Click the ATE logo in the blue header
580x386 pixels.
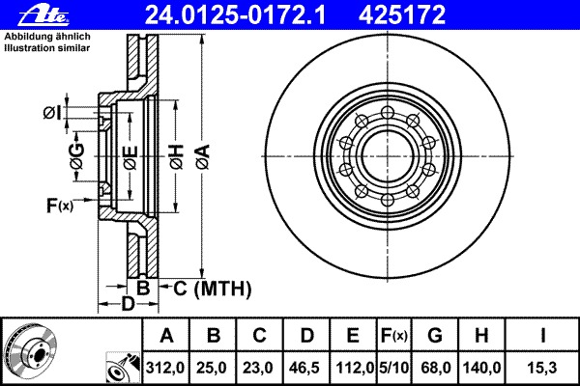pos(43,15)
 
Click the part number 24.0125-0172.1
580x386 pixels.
pos(235,15)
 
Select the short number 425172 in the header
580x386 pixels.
pos(402,15)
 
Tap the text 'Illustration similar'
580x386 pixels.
pos(47,48)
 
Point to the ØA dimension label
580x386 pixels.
pos(203,157)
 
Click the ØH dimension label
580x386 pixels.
pos(177,157)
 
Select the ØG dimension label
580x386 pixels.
pos(77,156)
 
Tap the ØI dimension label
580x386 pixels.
pos(52,113)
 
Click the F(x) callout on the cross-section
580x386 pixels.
pos(60,205)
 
